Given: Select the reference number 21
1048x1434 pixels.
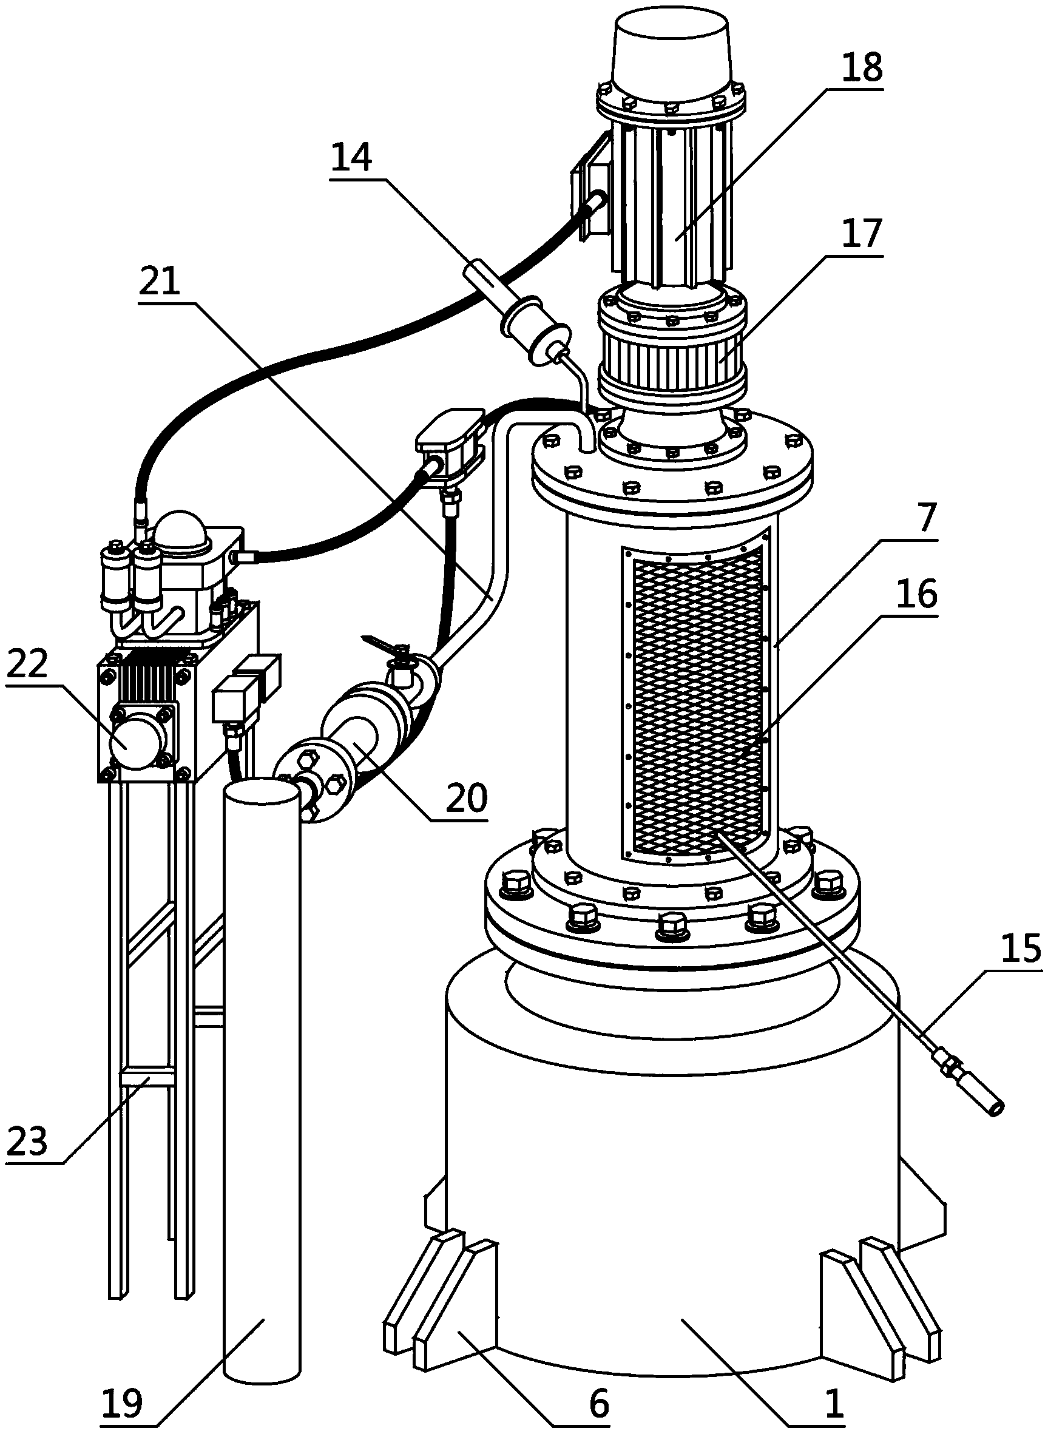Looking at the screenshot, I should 159,282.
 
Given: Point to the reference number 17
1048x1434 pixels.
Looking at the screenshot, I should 864,234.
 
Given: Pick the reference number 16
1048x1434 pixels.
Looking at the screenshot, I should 918,595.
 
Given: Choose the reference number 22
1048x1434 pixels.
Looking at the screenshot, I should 27,664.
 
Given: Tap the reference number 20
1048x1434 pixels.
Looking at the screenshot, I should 466,798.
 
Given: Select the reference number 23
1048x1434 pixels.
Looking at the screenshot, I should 27,1142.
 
